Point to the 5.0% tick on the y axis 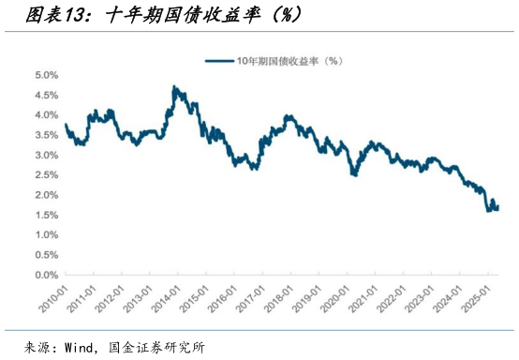pyautogui.click(x=47, y=74)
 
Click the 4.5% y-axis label pyautogui.click(x=47, y=95)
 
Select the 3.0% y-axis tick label pyautogui.click(x=47, y=155)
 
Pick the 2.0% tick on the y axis pyautogui.click(x=47, y=195)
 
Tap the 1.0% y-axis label pyautogui.click(x=47, y=235)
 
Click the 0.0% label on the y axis pyautogui.click(x=47, y=276)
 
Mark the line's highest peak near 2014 pyautogui.click(x=175, y=86)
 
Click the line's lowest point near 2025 pyautogui.click(x=488, y=211)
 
